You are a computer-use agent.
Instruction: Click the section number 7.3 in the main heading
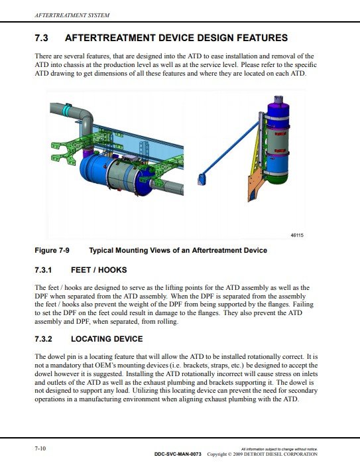[x=41, y=38]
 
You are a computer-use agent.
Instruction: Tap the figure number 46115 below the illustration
[x=297, y=235]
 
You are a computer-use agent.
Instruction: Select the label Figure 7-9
[x=52, y=250]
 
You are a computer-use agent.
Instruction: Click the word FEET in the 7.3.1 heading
[x=82, y=270]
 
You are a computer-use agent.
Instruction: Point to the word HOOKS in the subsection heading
[x=113, y=270]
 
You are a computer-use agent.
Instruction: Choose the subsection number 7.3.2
[x=43, y=339]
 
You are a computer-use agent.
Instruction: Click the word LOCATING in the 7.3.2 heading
[x=88, y=339]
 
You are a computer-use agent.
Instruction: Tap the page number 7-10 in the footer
[x=40, y=448]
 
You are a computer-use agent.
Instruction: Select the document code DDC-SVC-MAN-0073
[x=178, y=454]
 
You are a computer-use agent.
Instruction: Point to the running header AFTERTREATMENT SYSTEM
[x=72, y=15]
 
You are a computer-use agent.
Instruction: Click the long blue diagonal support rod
[x=231, y=149]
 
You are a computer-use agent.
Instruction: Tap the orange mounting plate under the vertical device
[x=255, y=185]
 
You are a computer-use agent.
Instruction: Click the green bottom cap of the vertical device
[x=277, y=178]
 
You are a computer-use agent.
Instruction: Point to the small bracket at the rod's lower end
[x=201, y=179]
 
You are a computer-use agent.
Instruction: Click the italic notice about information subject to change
[x=279, y=449]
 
